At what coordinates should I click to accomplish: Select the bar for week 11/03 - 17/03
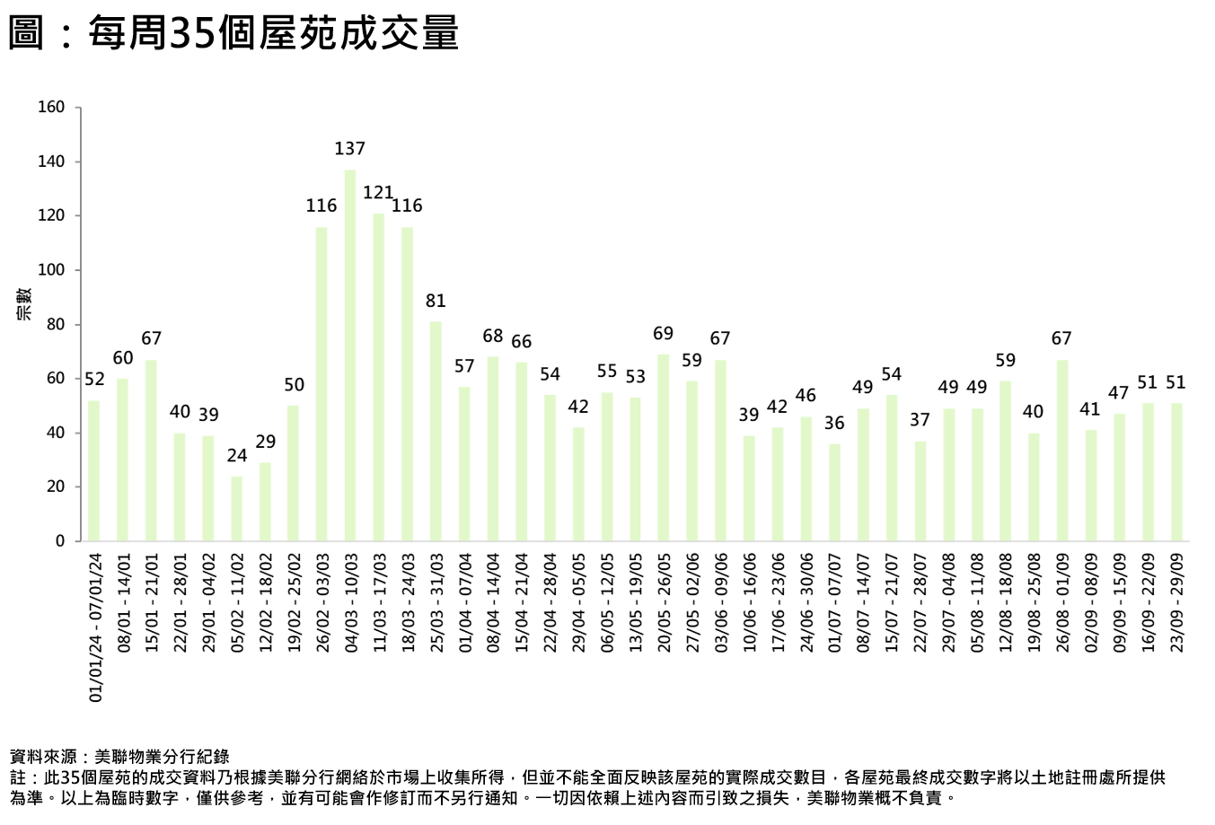tap(379, 377)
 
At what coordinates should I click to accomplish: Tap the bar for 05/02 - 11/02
tap(236, 508)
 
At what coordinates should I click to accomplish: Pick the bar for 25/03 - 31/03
tap(436, 431)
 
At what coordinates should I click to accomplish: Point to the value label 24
tap(236, 456)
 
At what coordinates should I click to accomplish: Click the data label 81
tap(436, 301)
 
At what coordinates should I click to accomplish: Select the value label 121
tap(378, 193)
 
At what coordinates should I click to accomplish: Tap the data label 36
tap(834, 423)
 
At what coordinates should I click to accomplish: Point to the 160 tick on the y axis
tap(52, 108)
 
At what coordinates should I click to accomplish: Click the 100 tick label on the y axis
tap(52, 270)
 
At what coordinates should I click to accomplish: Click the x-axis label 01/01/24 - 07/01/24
tap(94, 627)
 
